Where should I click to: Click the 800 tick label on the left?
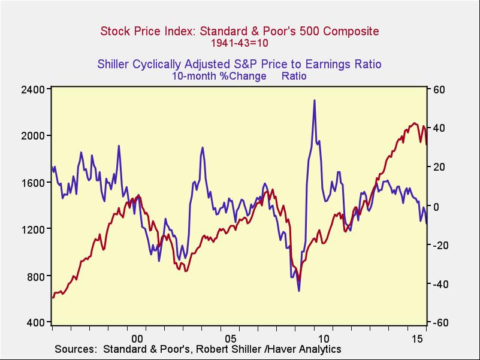point(38,276)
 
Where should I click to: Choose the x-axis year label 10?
point(324,337)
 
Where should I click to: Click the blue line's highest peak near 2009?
point(314,101)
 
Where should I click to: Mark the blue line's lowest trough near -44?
point(298,291)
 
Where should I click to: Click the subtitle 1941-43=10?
point(239,43)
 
